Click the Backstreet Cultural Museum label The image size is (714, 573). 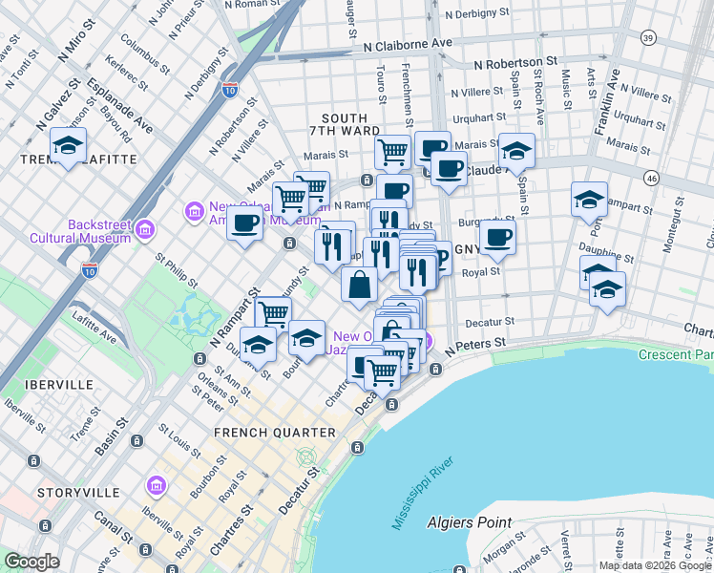click(66, 230)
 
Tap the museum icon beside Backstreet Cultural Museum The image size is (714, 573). click(145, 228)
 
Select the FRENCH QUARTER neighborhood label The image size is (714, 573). click(275, 433)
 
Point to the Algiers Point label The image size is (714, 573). click(496, 522)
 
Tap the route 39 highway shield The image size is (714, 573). click(648, 37)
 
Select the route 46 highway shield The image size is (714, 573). click(651, 178)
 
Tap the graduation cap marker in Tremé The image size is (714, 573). click(68, 145)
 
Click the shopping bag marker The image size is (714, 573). click(359, 285)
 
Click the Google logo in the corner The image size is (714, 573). click(31, 562)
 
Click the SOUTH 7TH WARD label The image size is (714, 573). click(344, 122)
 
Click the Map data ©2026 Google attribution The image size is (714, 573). click(655, 565)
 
